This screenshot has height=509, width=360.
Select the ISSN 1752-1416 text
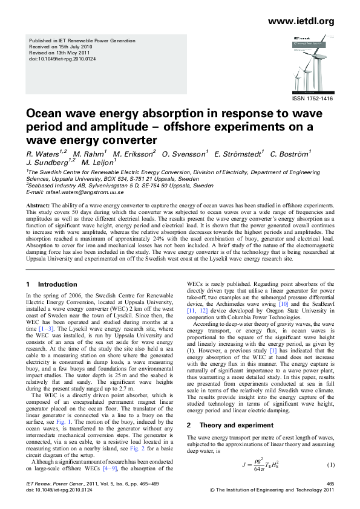tap(313, 97)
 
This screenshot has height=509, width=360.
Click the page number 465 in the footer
tap(330, 484)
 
